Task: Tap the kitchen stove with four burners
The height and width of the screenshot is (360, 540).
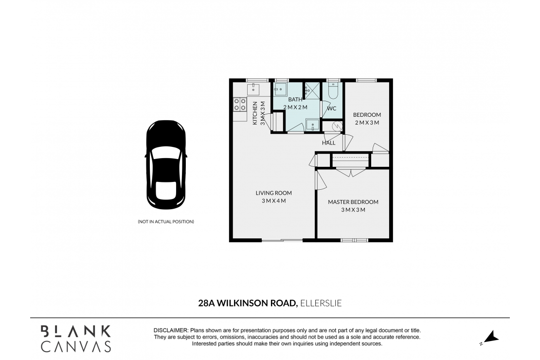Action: point(239,104)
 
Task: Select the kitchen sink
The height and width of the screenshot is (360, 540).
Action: point(253,89)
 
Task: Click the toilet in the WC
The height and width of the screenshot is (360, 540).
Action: point(333,91)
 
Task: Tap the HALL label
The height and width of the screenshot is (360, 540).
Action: point(328,143)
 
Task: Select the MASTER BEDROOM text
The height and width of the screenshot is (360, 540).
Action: point(353,202)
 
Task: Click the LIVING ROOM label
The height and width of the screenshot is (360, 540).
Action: point(273,193)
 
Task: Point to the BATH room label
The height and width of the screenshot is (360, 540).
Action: point(295,99)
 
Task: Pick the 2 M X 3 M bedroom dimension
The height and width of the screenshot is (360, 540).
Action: point(367,123)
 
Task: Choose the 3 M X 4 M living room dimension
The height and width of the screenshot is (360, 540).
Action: point(273,201)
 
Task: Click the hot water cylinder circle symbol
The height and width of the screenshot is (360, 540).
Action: point(336,126)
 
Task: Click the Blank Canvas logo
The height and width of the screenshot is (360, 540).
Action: point(75,338)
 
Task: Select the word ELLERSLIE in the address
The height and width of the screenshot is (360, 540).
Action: point(321,303)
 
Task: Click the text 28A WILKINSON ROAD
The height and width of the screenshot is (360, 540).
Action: point(248,303)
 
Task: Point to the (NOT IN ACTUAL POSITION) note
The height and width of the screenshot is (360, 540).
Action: point(166,222)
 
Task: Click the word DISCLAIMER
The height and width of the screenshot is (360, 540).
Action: point(170,330)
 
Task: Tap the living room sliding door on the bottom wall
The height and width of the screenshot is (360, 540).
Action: point(282,240)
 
